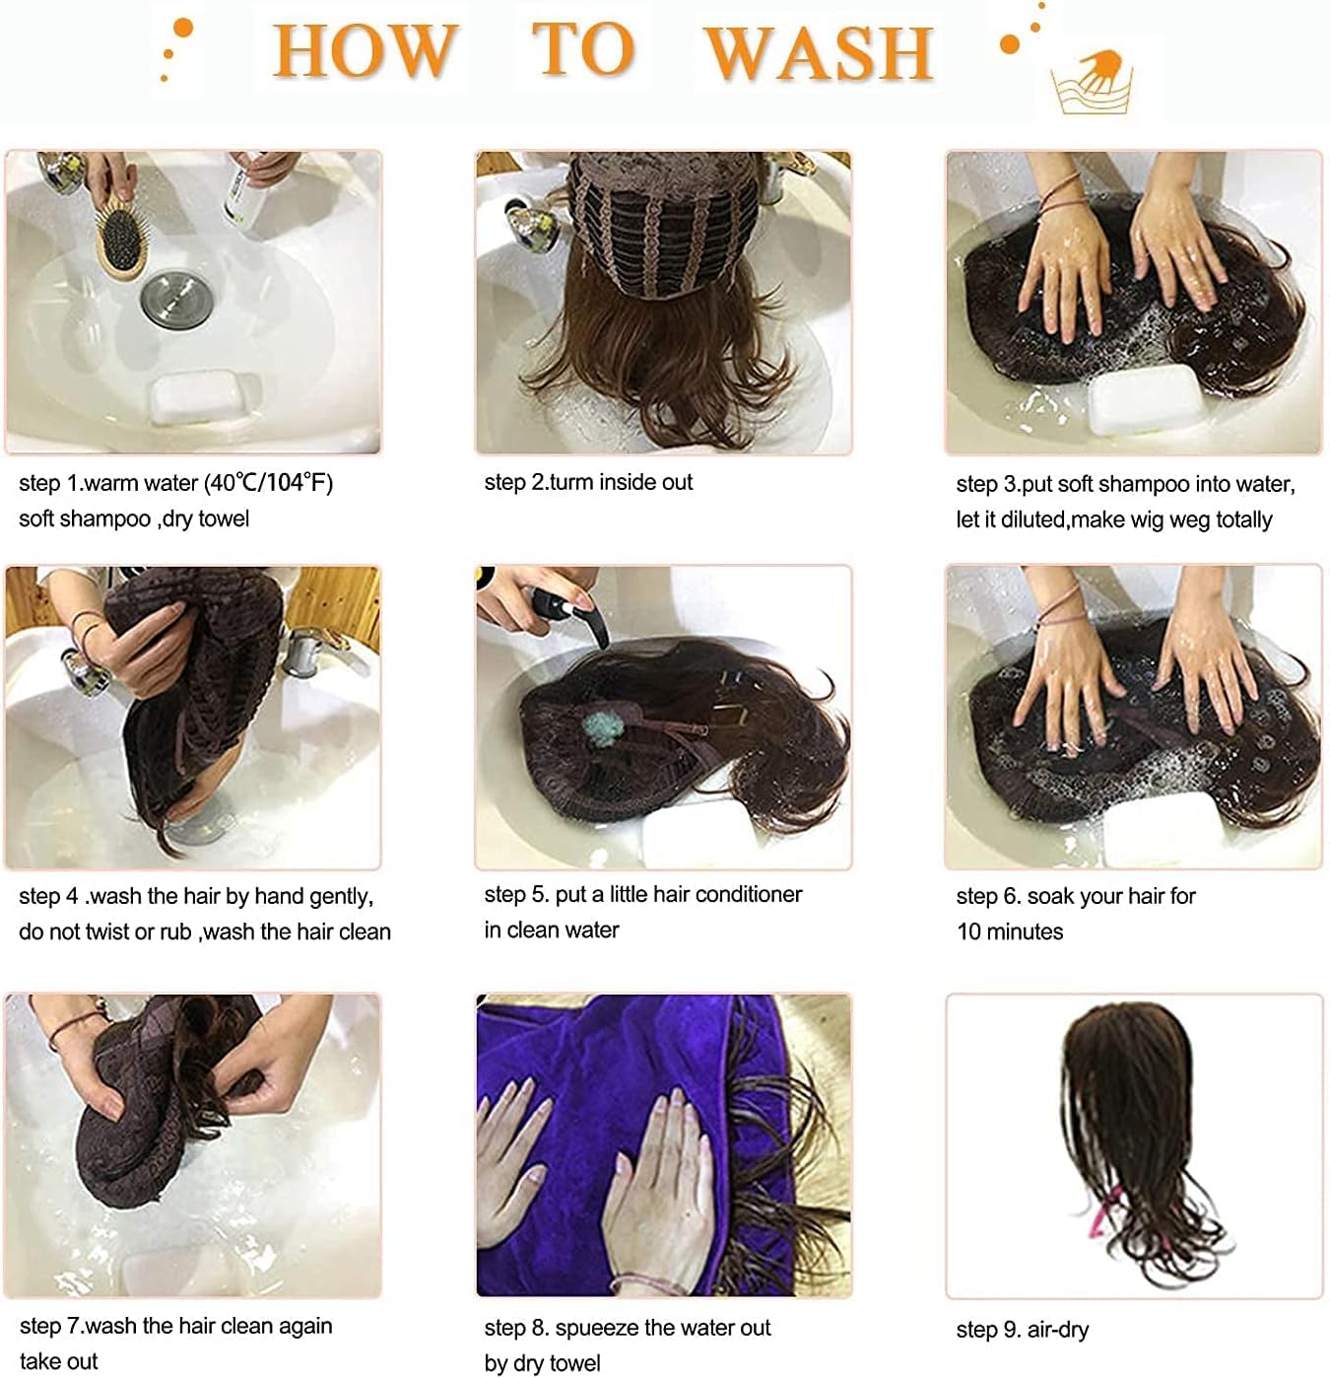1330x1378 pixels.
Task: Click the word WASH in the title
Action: click(819, 51)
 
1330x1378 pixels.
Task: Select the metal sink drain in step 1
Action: click(176, 301)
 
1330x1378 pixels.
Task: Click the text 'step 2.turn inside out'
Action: click(588, 482)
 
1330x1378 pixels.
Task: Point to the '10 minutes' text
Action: click(1010, 931)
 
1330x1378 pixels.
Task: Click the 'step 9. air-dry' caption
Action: click(1022, 1330)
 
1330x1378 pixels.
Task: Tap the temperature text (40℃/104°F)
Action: click(268, 483)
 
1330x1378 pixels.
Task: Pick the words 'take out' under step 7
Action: click(59, 1361)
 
